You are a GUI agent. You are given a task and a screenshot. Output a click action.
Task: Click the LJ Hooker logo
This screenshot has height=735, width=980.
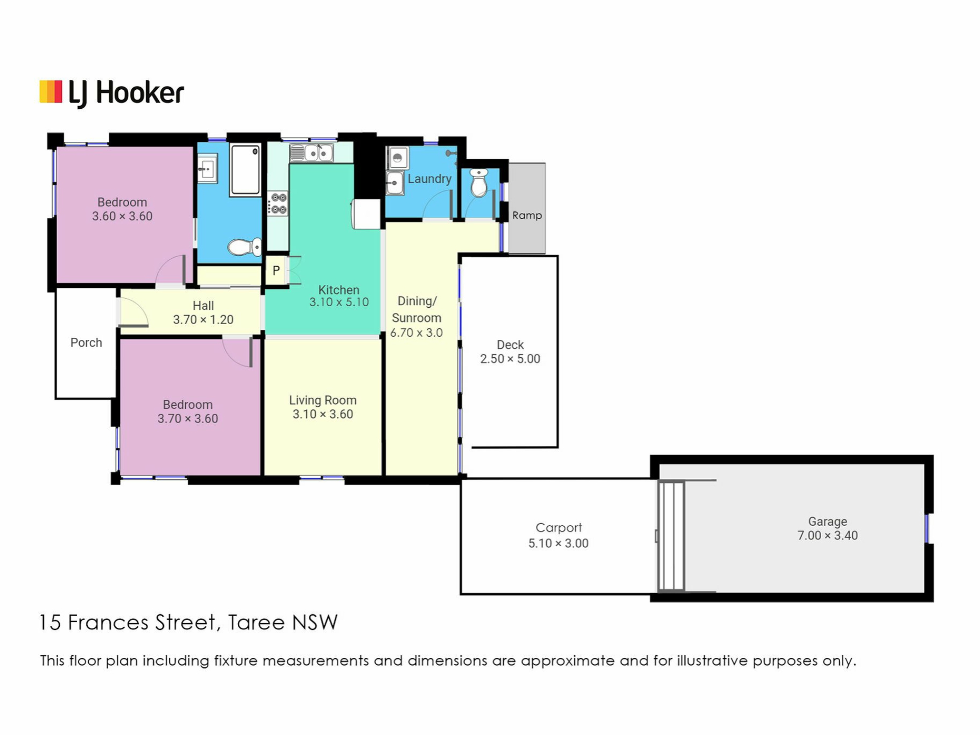click(112, 93)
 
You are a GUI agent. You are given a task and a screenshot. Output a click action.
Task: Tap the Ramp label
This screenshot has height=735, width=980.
click(527, 215)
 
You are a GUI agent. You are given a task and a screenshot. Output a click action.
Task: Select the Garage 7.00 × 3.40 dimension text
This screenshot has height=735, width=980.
click(827, 535)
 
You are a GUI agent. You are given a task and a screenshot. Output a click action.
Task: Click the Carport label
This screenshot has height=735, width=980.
click(558, 528)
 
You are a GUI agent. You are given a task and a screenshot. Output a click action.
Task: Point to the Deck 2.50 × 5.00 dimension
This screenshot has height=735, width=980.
click(510, 359)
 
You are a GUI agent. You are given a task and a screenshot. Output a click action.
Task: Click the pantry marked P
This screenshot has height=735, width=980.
click(276, 270)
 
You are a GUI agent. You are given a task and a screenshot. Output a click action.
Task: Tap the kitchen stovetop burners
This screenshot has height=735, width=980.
click(278, 204)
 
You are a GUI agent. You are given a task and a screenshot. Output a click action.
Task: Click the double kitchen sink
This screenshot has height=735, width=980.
click(311, 153)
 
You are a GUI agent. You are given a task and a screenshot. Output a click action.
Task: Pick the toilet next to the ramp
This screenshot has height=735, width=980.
click(479, 183)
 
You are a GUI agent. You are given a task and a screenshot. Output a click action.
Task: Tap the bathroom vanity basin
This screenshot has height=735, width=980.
click(207, 168)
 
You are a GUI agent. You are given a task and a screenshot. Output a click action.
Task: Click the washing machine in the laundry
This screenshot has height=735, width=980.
click(397, 158)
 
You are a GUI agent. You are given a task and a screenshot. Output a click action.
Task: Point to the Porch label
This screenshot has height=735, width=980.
click(86, 342)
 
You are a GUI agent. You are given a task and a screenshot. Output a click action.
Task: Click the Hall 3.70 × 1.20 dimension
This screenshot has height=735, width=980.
click(203, 320)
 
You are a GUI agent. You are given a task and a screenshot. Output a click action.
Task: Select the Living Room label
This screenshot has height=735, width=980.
click(323, 400)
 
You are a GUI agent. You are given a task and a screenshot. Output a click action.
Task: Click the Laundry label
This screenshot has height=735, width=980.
click(429, 179)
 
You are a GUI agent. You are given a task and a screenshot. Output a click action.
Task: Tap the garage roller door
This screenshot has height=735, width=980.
click(671, 535)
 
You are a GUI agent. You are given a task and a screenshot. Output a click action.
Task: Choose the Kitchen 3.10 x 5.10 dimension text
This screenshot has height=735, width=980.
click(339, 302)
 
